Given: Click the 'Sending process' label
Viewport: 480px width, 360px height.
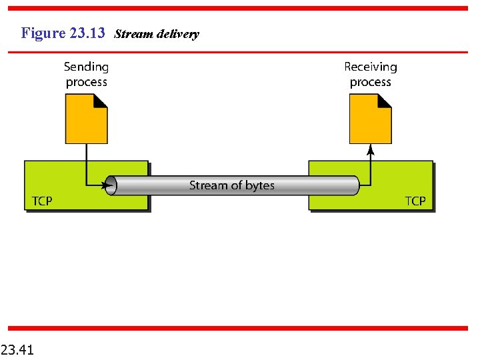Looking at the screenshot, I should [x=86, y=74].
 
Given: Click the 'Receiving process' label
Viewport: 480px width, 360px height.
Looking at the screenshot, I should [x=370, y=74].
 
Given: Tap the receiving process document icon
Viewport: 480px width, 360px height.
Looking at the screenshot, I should [x=370, y=119].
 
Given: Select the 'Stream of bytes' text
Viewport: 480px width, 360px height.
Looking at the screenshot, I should [x=231, y=185].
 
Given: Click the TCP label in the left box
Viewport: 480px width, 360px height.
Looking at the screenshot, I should [x=42, y=201].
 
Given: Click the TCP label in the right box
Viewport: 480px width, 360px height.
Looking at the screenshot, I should [x=415, y=201].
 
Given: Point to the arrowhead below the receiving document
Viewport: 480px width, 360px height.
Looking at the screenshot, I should [x=371, y=149].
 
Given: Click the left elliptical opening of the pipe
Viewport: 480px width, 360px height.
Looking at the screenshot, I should [x=111, y=185].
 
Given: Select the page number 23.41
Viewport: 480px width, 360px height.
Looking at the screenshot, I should [x=18, y=349].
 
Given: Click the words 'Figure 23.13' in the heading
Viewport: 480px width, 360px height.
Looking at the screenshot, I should [x=63, y=33].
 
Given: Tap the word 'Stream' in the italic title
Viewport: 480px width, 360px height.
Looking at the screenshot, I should [x=134, y=34].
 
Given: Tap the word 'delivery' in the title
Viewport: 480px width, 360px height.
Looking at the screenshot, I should [x=177, y=34].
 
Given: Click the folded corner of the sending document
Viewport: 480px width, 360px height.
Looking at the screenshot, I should [x=100, y=101].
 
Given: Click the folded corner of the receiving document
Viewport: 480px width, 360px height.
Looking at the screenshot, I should [x=385, y=101].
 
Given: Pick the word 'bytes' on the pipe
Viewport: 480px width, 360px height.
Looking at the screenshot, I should [x=259, y=185].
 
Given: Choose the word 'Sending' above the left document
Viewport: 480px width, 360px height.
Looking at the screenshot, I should [x=86, y=67].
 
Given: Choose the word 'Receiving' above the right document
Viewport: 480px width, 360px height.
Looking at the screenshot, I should [x=370, y=67].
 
